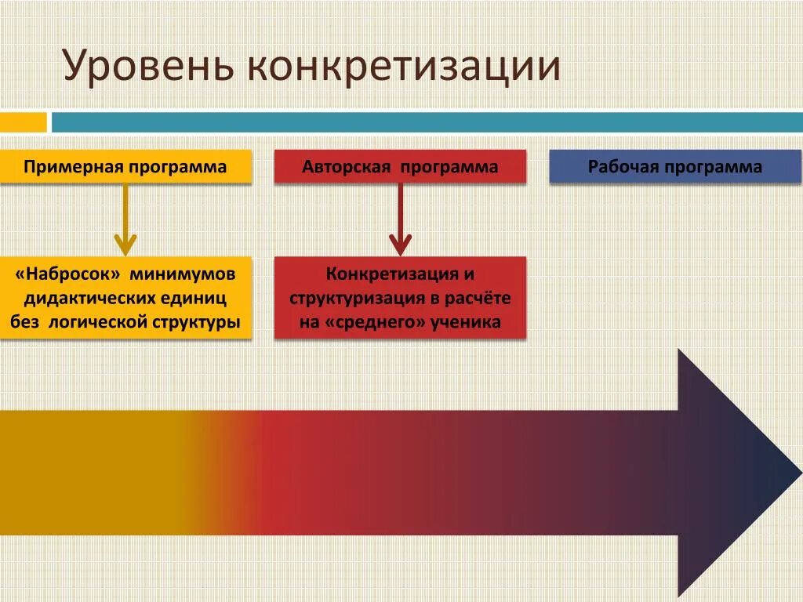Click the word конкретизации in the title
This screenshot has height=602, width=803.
(x=403, y=67)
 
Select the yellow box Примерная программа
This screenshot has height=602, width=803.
(x=125, y=167)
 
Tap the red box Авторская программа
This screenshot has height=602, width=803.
(x=400, y=167)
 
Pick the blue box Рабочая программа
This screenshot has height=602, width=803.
(x=675, y=167)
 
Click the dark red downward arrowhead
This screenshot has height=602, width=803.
(x=400, y=245)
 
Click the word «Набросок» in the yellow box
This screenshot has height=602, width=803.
(x=67, y=275)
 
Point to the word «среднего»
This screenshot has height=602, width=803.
(x=372, y=321)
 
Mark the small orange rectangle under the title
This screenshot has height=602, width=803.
(x=23, y=122)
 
